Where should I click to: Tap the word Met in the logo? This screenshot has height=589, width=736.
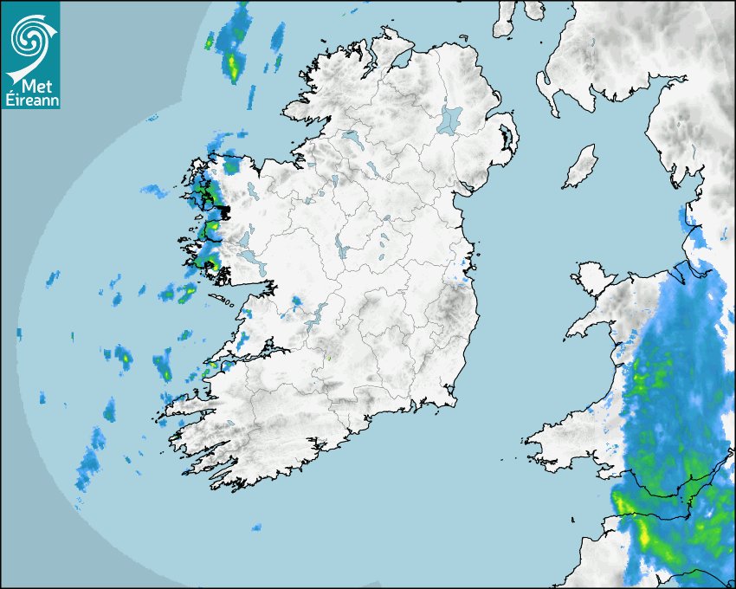click(34, 85)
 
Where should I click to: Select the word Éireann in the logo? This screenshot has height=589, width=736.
click(29, 100)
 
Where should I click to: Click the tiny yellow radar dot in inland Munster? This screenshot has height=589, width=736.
click(328, 356)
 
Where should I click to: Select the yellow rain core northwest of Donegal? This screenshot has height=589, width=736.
click(233, 62)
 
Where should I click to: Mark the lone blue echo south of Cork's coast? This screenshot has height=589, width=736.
click(256, 527)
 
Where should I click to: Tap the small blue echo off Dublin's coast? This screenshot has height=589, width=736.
click(462, 279)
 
